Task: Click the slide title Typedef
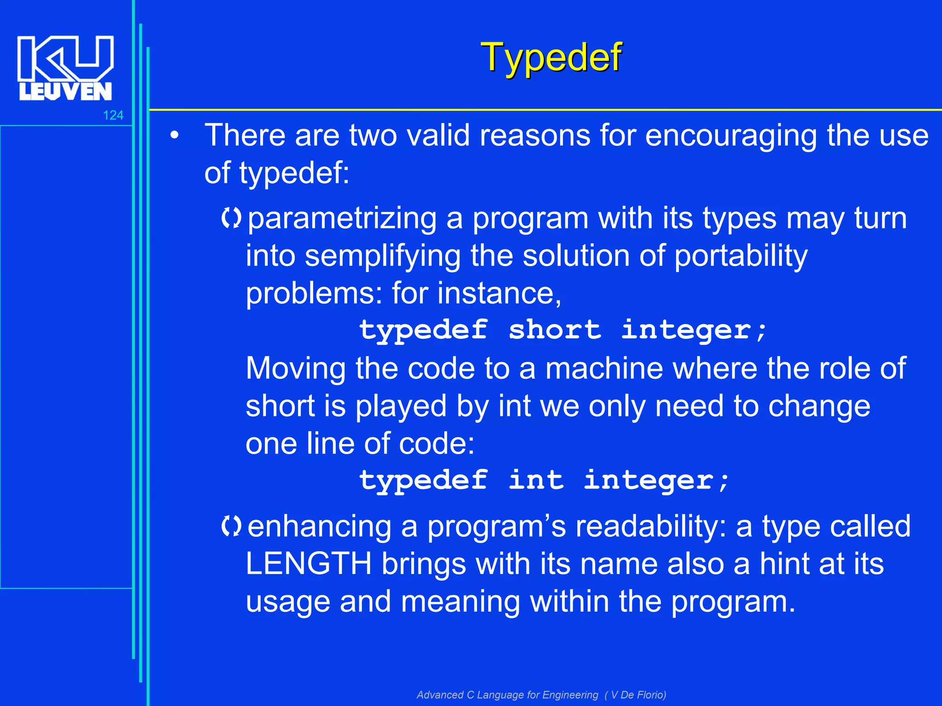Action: click(x=551, y=57)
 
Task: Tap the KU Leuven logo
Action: click(x=65, y=68)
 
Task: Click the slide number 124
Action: click(x=113, y=115)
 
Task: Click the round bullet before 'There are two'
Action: click(x=174, y=137)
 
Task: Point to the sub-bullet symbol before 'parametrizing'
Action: click(x=231, y=218)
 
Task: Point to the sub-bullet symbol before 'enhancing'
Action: click(x=231, y=526)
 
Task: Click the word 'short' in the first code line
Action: click(x=555, y=330)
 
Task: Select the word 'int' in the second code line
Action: click(x=536, y=481)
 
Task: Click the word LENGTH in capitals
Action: click(x=309, y=564)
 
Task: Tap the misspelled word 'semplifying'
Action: click(x=383, y=256)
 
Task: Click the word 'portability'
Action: click(x=741, y=256)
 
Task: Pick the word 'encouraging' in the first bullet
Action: click(x=730, y=136)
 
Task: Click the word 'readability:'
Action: click(x=651, y=526)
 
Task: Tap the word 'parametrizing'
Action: click(x=342, y=218)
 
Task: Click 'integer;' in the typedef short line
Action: click(x=695, y=330)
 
